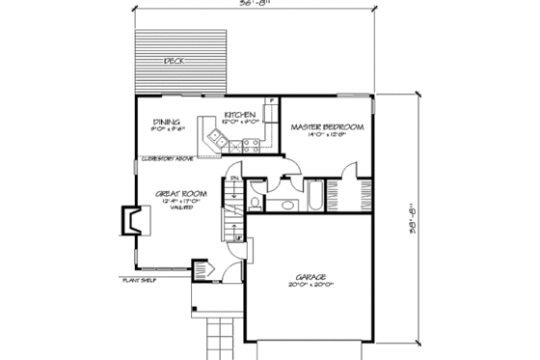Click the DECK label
(x=174, y=61)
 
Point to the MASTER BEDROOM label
(x=324, y=127)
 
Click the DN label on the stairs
(x=233, y=177)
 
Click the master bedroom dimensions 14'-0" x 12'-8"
(x=324, y=136)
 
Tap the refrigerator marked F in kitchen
(x=273, y=99)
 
